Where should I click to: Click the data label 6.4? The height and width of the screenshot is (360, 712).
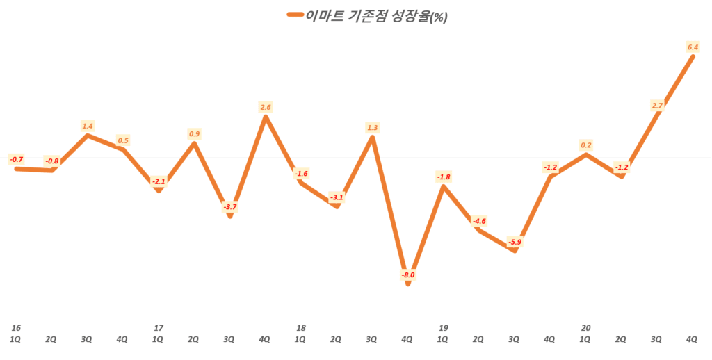coord(692,47)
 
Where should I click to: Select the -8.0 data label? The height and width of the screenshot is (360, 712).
coord(408,275)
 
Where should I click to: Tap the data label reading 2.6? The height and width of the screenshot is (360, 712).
coord(266,107)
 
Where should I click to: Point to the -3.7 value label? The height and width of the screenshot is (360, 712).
coord(230,206)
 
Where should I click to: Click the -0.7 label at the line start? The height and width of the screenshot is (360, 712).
coord(16,160)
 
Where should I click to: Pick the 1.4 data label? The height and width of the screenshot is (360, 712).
coord(88,126)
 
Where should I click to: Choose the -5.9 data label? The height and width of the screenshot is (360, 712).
coord(514,242)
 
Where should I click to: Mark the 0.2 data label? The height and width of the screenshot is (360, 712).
coord(585,145)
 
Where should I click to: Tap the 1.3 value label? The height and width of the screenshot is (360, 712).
coord(373,127)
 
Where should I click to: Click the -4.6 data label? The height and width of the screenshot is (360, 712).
coord(479,221)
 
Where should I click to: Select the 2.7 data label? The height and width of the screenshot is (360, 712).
coord(656,105)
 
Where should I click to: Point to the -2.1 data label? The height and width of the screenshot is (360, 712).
coord(159,181)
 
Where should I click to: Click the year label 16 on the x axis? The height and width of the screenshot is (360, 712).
coord(15,327)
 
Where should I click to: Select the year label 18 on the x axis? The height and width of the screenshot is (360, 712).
coord(300,327)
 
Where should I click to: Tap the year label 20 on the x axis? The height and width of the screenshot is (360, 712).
coord(585,327)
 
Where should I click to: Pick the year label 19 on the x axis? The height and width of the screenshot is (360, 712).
coord(443,327)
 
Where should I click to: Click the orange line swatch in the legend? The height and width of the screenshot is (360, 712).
coord(294,16)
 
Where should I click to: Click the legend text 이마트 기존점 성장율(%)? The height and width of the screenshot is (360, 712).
coord(376,17)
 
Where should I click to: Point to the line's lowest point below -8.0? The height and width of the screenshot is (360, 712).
coord(408,284)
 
